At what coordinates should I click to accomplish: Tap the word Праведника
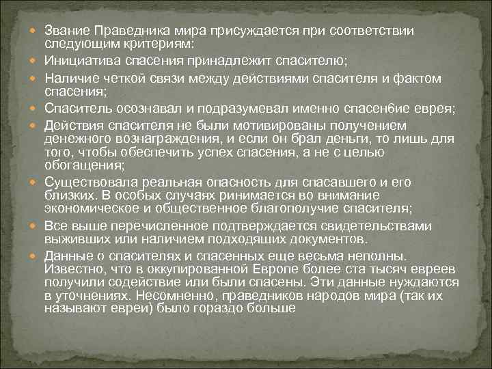tap(131, 31)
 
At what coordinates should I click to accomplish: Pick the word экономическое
tap(90, 208)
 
